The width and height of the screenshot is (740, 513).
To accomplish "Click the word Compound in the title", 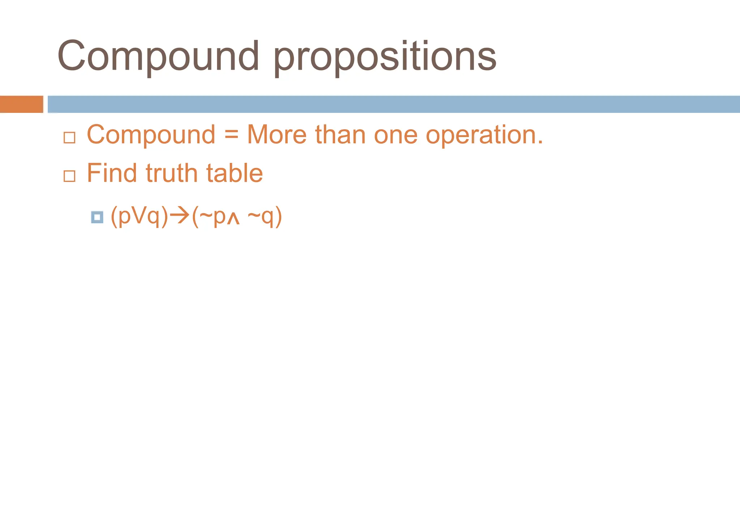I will (x=158, y=56).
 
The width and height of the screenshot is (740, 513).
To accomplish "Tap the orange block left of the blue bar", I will (x=21, y=104).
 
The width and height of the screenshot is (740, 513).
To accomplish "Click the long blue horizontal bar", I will (x=394, y=104).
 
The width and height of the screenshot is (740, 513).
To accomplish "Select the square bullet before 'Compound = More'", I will (x=69, y=138).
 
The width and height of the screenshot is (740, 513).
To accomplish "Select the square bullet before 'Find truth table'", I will (x=69, y=176).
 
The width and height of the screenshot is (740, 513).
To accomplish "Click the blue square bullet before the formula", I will (x=97, y=217).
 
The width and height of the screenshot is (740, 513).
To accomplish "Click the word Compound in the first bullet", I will (x=151, y=135).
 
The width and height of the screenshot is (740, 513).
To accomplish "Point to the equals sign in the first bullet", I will (x=231, y=135).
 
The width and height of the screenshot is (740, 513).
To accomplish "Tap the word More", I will (x=277, y=135).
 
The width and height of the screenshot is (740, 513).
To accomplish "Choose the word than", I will (x=340, y=135).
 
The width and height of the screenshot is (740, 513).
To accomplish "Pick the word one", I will (x=396, y=135).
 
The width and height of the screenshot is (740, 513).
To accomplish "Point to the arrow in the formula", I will (x=180, y=216).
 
